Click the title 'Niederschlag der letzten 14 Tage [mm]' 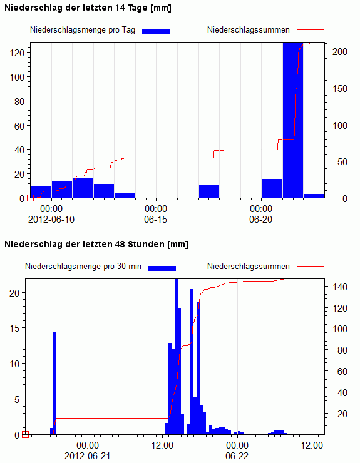pyautogui.click(x=88, y=8)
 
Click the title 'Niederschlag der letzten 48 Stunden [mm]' pyautogui.click(x=96, y=245)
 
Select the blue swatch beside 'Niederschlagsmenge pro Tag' pyautogui.click(x=156, y=32)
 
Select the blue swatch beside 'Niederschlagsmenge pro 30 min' pyautogui.click(x=162, y=268)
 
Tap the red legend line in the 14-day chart pyautogui.click(x=311, y=30)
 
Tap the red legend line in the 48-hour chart pyautogui.click(x=311, y=266)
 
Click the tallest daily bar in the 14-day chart pyautogui.click(x=293, y=120)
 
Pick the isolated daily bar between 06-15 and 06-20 pyautogui.click(x=209, y=191)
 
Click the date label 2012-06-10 pyautogui.click(x=51, y=220)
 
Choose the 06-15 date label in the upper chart pyautogui.click(x=156, y=220)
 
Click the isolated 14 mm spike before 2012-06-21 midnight pyautogui.click(x=54, y=384)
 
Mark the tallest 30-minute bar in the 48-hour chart pyautogui.click(x=176, y=357)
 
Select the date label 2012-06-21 pyautogui.click(x=88, y=456)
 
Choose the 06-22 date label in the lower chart pyautogui.click(x=237, y=456)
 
